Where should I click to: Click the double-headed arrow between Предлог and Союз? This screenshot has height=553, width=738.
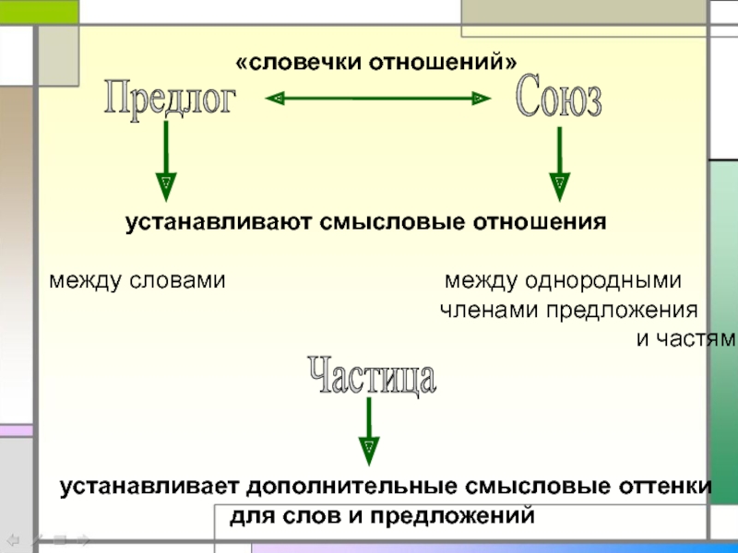click(376, 97)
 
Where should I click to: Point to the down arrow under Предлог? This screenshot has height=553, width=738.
click(166, 161)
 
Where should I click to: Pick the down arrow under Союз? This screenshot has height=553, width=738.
click(559, 164)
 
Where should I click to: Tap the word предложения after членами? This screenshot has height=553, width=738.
click(623, 310)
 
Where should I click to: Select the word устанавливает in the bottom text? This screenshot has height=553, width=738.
click(149, 487)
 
